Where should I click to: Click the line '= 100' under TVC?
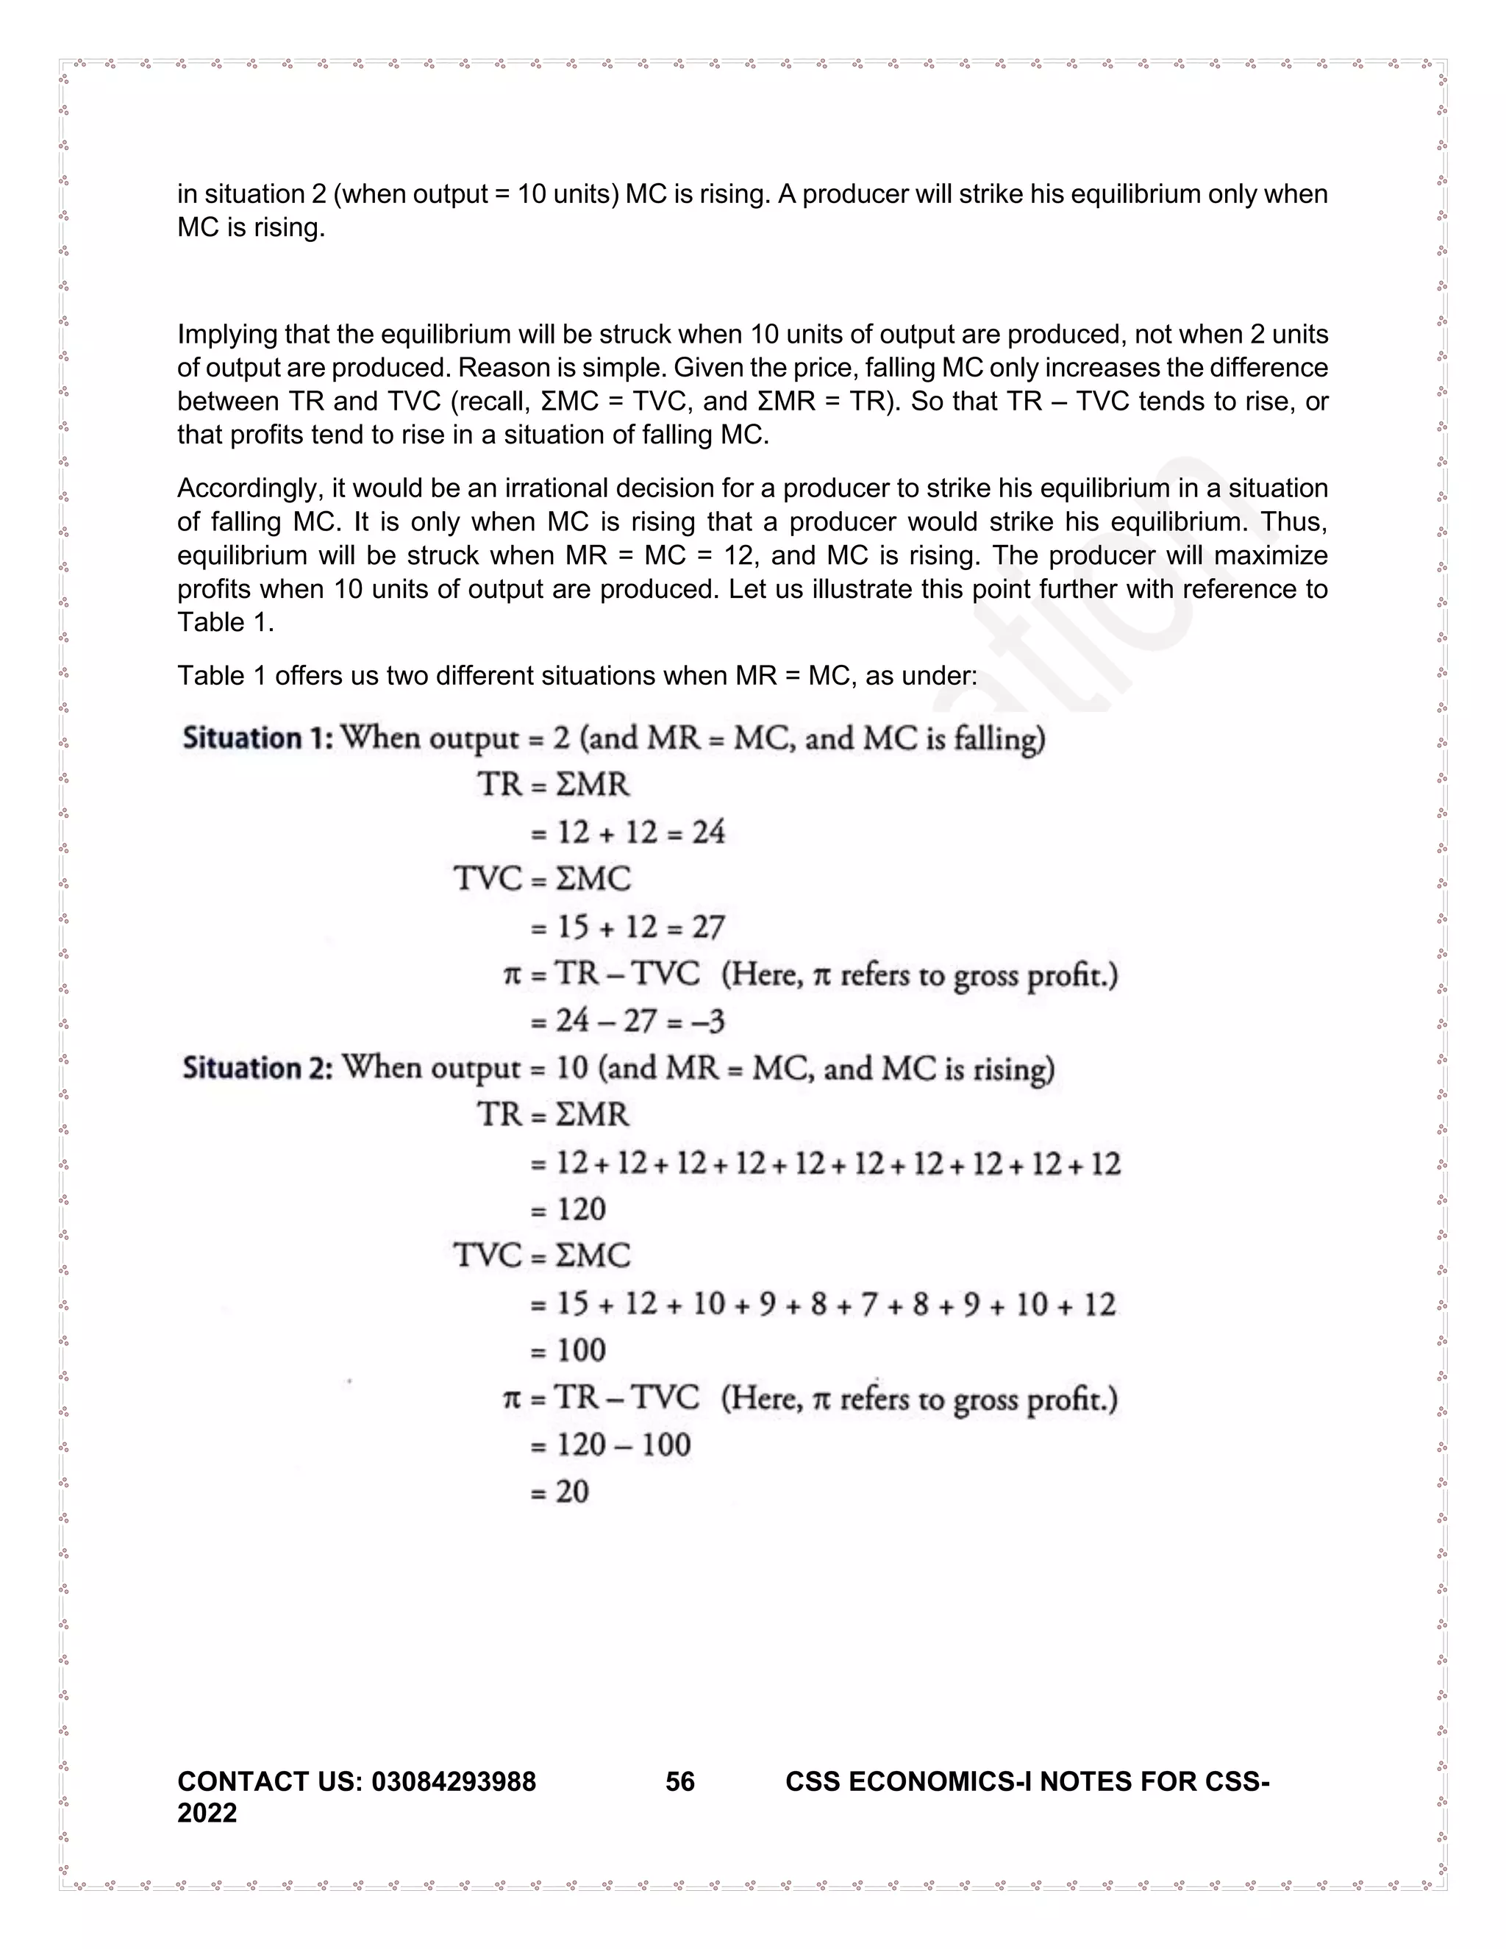point(569,1350)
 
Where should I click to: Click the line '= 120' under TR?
point(569,1210)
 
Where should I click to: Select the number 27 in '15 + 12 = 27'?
point(708,927)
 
